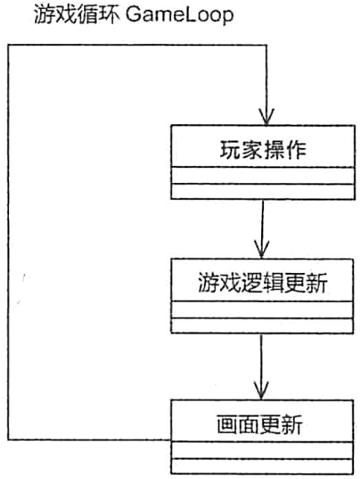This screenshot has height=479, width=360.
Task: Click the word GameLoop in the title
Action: click(180, 15)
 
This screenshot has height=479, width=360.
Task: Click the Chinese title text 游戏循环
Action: click(77, 14)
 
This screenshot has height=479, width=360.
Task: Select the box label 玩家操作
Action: click(263, 150)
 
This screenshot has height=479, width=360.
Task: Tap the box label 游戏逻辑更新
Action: click(263, 283)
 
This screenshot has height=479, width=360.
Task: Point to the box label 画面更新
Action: click(260, 424)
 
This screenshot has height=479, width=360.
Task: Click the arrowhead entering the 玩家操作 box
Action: click(267, 118)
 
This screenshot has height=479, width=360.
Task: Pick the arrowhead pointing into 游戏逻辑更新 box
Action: click(262, 250)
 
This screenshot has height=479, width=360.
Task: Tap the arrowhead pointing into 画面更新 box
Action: click(261, 390)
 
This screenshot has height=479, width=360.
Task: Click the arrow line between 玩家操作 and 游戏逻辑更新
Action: click(263, 229)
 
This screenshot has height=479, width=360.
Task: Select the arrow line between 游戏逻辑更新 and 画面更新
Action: click(261, 367)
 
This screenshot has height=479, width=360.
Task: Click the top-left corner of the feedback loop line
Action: click(9, 45)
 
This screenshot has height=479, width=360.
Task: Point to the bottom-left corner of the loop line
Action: click(9, 440)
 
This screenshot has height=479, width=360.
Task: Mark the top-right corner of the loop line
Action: click(266, 45)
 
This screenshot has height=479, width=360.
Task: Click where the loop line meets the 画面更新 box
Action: click(171, 440)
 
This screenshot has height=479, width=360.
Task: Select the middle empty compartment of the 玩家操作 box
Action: click(263, 176)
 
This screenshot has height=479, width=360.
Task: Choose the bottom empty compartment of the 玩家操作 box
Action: click(263, 192)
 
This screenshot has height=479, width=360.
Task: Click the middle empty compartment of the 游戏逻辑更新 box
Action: click(263, 309)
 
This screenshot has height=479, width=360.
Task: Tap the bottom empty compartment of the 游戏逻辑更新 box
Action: click(263, 326)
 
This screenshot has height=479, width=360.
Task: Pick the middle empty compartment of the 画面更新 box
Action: click(263, 450)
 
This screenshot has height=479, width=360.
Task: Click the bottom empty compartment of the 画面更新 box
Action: click(263, 466)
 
